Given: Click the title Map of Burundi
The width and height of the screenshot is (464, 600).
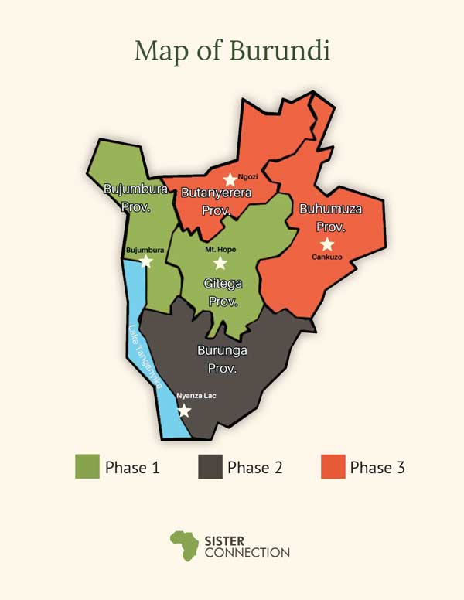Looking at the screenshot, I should (232, 51).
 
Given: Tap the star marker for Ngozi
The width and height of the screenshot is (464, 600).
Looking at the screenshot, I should (230, 180).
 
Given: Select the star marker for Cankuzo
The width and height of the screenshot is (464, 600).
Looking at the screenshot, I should (327, 244).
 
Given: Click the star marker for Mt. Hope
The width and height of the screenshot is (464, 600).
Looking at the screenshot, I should (220, 263).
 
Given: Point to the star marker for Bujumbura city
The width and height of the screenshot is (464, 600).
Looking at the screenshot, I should (146, 261).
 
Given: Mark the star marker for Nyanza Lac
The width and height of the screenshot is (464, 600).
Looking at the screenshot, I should (184, 410).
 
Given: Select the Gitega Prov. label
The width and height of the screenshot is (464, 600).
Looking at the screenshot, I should (223, 292).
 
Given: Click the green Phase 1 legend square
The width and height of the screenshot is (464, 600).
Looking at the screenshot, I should (87, 467).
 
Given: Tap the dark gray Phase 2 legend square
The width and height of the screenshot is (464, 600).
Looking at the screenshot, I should (210, 467).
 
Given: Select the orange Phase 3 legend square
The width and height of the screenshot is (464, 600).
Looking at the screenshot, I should (333, 467).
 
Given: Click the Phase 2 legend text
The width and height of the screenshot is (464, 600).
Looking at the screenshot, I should (254, 467).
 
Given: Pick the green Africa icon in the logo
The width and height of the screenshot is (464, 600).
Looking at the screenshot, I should (184, 545).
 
